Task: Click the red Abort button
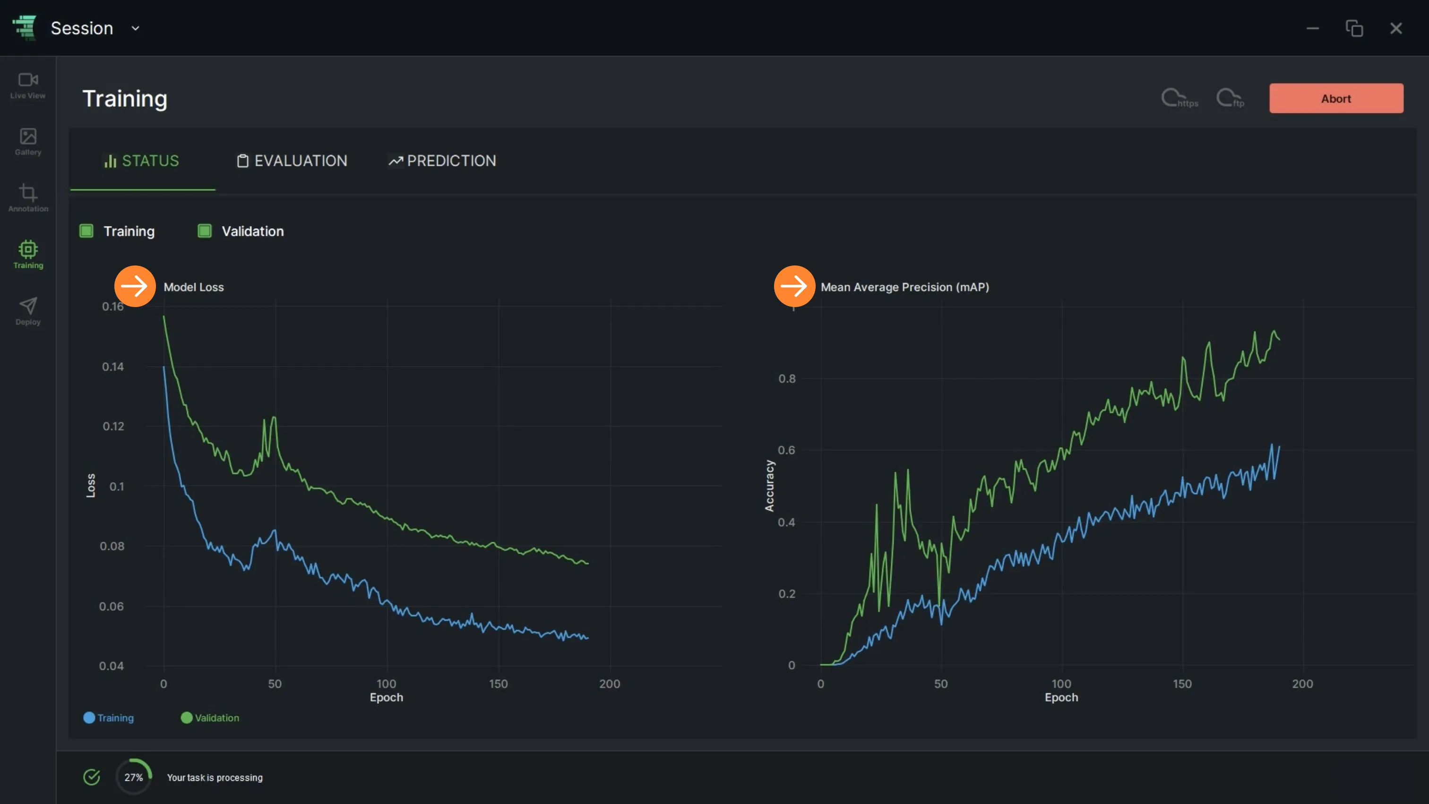pos(1336,98)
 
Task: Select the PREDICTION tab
pos(442,161)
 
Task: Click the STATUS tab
pos(142,161)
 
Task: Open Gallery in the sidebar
pos(28,142)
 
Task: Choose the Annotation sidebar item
pos(28,198)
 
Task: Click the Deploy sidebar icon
pos(28,311)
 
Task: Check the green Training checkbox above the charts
pos(86,231)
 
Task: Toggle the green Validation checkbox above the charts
pos(205,231)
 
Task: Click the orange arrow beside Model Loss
pos(135,286)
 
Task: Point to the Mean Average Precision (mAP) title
pos(905,287)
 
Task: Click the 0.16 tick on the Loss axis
pos(112,306)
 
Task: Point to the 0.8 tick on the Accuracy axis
pos(787,379)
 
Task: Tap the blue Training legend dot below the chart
pos(89,718)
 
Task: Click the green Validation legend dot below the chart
pos(186,718)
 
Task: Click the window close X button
pos(1396,28)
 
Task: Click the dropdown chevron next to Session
pos(135,28)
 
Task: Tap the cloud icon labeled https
pos(1179,98)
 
